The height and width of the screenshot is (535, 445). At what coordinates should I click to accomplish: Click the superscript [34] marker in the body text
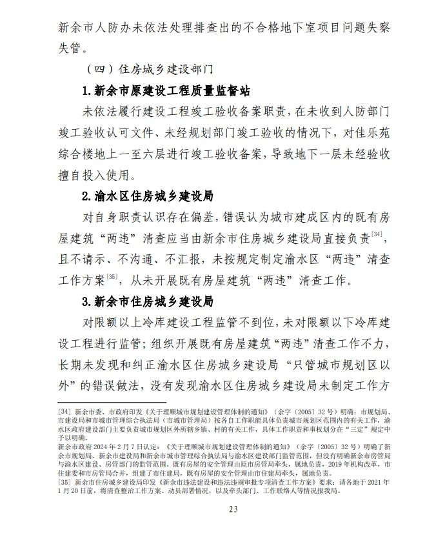[378, 234]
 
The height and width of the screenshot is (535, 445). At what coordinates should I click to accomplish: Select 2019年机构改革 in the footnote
[335, 463]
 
